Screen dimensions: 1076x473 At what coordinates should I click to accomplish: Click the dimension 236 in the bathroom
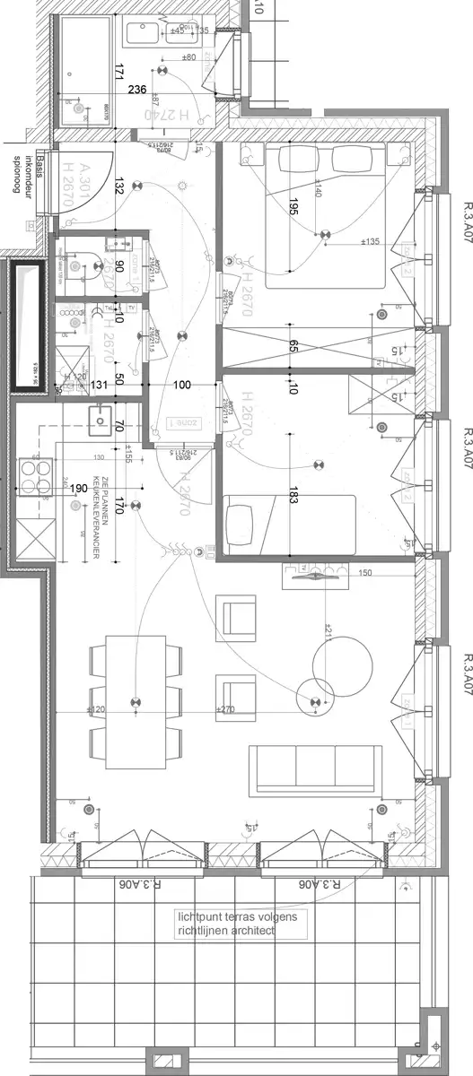pyautogui.click(x=137, y=89)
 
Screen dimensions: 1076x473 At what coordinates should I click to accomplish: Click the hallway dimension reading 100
pyautogui.click(x=182, y=386)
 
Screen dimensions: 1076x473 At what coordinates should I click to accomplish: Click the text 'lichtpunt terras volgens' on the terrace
pyautogui.click(x=242, y=916)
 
